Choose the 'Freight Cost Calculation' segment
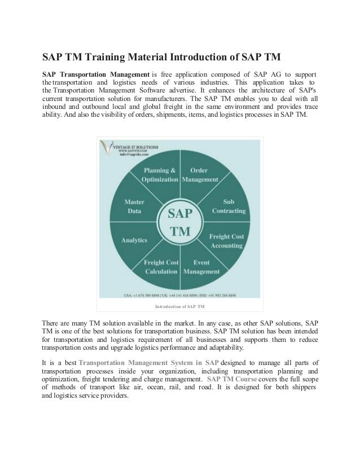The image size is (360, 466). click(x=161, y=266)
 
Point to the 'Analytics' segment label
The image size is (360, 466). click(x=134, y=240)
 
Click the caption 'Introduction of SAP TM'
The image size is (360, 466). click(x=179, y=307)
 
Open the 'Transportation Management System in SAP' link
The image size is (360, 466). click(x=149, y=362)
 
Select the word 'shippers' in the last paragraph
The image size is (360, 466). click(x=299, y=388)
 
